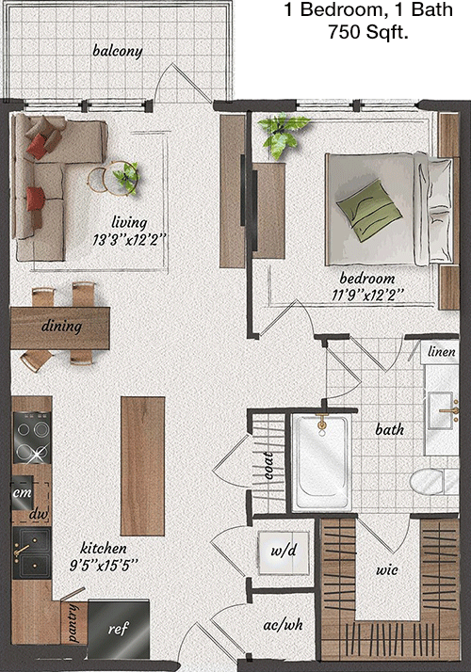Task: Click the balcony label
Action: [x=118, y=51]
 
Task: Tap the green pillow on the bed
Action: [x=369, y=211]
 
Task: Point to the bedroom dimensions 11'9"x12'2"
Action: [x=367, y=295]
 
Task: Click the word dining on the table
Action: [x=61, y=327]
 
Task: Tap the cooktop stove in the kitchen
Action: [x=32, y=437]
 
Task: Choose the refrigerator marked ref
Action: [x=119, y=629]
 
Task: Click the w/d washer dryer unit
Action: [x=284, y=552]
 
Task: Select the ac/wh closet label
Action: [x=284, y=625]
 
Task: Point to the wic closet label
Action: [x=387, y=570]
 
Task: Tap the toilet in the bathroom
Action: [x=433, y=481]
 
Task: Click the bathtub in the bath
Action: [x=322, y=462]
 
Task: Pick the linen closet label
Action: [x=442, y=352]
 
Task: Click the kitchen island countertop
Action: [x=142, y=466]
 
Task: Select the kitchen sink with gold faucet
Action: [x=32, y=553]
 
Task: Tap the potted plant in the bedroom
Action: [x=282, y=135]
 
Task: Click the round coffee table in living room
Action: [x=113, y=178]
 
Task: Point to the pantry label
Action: [x=73, y=623]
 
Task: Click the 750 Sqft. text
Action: [x=368, y=31]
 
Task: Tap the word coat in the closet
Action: [x=268, y=465]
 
